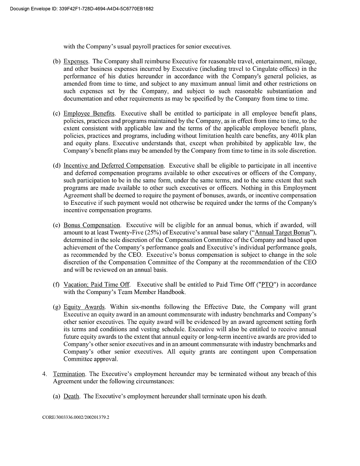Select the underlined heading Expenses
tap(76, 62)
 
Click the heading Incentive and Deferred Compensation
tap(114, 166)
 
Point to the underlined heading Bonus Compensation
tap(92, 225)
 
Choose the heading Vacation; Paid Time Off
tap(96, 284)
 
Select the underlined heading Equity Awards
tap(84, 307)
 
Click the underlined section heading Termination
tap(69, 374)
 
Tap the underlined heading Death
tap(72, 396)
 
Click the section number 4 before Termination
tap(44, 374)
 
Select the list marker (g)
tap(56, 307)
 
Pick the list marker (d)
tap(56, 166)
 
